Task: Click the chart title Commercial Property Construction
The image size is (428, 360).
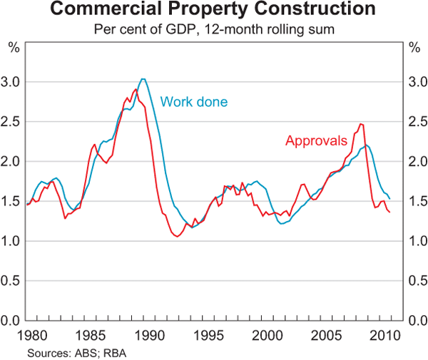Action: (214, 11)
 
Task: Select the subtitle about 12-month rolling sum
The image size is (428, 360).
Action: (214, 30)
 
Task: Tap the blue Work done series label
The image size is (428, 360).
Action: (194, 102)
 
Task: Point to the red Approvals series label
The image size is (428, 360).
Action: (316, 140)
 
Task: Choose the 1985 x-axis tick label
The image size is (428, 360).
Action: (88, 334)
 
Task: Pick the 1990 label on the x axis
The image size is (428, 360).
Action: (148, 334)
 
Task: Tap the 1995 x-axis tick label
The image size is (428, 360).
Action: (208, 334)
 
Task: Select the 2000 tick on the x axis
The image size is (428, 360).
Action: (268, 334)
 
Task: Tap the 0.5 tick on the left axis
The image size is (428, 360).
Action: (13, 281)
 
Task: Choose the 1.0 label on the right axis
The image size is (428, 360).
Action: (415, 241)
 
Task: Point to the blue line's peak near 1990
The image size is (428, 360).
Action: (143, 79)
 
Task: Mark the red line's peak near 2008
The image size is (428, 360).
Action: (361, 124)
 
